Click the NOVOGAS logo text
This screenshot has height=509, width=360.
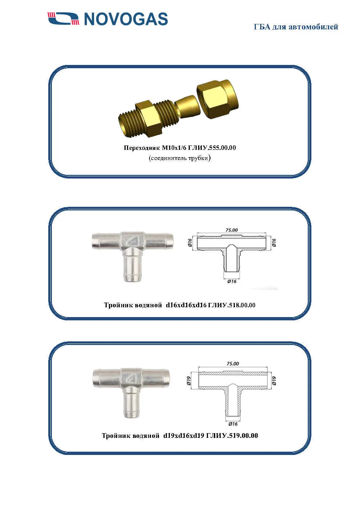(126, 19)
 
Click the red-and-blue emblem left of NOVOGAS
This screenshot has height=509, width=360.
(64, 19)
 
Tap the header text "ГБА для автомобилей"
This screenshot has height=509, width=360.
(296, 27)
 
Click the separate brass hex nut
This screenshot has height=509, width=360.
(217, 99)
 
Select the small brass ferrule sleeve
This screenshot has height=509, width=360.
(186, 106)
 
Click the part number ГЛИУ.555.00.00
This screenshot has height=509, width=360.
(212, 148)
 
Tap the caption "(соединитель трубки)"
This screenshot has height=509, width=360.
(180, 158)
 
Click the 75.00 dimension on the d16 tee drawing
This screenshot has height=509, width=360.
(232, 230)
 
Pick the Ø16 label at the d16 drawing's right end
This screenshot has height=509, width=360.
(274, 242)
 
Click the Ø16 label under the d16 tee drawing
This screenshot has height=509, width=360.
(232, 281)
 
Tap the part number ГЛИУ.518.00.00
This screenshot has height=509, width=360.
(232, 305)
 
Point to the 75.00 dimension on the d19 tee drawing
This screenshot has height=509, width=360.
(233, 364)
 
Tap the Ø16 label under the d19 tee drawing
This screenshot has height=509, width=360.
(233, 424)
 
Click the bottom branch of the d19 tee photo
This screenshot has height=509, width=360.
(132, 402)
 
